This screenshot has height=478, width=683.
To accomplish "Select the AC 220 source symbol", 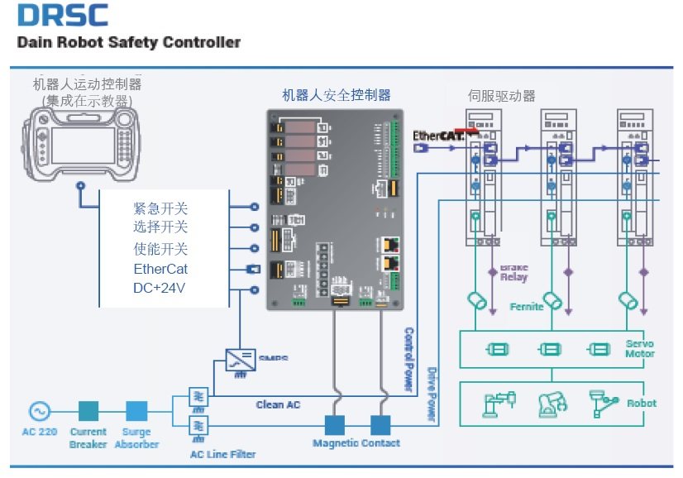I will [38, 410].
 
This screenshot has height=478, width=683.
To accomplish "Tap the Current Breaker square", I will [88, 410].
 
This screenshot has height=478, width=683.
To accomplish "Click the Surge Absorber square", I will [137, 410].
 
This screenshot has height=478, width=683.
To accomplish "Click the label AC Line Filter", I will [222, 454].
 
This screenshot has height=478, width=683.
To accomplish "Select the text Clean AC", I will [278, 404].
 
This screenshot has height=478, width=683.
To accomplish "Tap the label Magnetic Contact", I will [356, 443].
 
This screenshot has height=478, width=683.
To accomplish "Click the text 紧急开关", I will [160, 207].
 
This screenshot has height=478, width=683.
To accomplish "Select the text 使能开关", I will [160, 249].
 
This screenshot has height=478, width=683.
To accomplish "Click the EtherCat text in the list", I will [160, 269].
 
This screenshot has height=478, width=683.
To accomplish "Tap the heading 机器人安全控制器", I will [336, 95].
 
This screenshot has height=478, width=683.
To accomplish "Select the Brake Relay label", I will [513, 273].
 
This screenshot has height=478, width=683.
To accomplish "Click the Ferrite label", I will [527, 307].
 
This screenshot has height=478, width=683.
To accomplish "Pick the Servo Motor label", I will [639, 348].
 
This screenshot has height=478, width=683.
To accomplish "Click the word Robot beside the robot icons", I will [642, 403].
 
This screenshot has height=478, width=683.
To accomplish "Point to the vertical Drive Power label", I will [431, 394].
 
